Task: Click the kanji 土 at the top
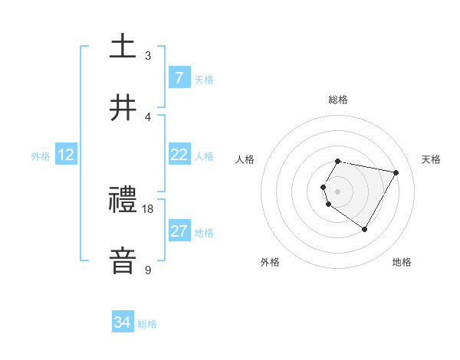point(123,46)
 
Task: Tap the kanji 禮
point(123,200)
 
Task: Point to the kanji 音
point(123,260)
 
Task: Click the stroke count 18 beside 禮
point(148,208)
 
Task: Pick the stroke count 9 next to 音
point(148,270)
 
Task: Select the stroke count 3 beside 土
point(148,55)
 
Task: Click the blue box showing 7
point(179,78)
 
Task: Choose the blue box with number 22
point(179,155)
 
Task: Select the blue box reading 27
point(179,231)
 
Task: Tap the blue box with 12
point(66,155)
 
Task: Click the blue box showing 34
point(122,323)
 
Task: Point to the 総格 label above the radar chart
point(338,100)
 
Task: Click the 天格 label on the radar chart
point(431,159)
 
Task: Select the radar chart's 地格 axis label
point(402,262)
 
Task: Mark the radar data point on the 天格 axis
point(396,173)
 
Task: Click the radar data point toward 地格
point(364,229)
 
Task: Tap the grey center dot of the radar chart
point(338,191)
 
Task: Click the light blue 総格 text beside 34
point(147,324)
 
